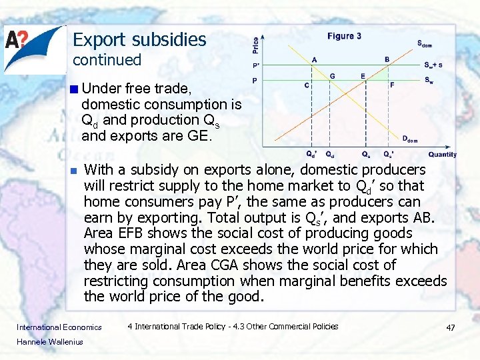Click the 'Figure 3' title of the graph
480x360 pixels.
(x=344, y=36)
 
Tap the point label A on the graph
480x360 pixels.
(x=314, y=59)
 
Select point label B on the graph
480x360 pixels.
(x=387, y=59)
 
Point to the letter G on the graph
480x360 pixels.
(x=332, y=76)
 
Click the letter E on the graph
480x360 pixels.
(x=363, y=76)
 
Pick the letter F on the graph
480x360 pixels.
(x=392, y=85)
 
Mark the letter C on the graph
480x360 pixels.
(x=306, y=85)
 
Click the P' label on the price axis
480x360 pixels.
(x=256, y=65)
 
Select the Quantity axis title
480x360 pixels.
(x=443, y=154)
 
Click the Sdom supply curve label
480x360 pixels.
(x=424, y=44)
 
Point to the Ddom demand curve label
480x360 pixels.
(x=410, y=139)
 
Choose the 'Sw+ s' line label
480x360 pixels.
(x=433, y=65)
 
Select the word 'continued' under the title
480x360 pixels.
(x=107, y=60)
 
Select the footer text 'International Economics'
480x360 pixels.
(x=59, y=327)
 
